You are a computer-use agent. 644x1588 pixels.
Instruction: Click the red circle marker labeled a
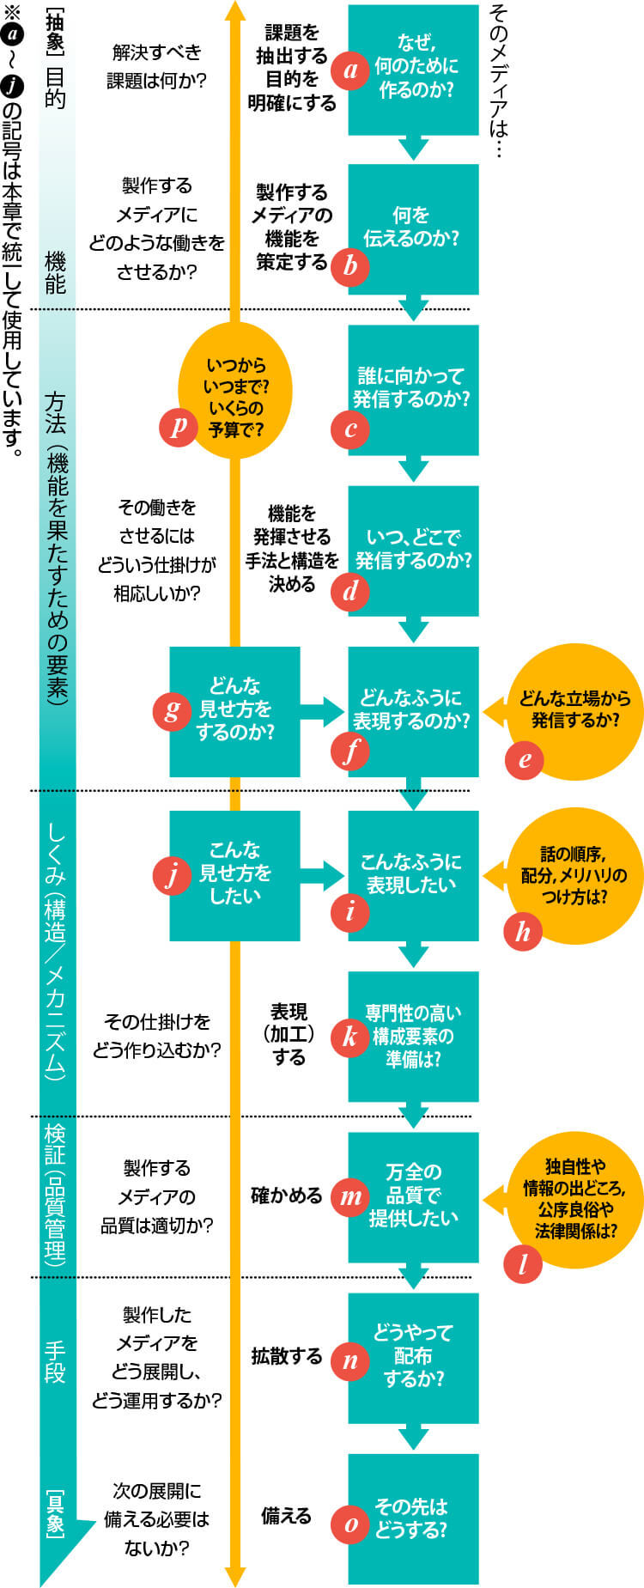[350, 70]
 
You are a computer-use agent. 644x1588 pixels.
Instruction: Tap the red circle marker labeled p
[179, 427]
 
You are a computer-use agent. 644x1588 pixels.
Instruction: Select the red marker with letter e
[524, 759]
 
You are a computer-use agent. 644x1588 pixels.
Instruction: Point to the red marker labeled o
[350, 1524]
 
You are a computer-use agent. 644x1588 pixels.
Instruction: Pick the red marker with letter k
[350, 1036]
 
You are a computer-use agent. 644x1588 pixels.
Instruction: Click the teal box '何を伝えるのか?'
[413, 228]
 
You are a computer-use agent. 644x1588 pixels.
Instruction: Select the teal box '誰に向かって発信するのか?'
[413, 389]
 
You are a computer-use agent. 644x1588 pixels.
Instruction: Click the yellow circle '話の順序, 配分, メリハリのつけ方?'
[574, 874]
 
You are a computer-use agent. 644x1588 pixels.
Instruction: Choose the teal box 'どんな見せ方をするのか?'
[235, 710]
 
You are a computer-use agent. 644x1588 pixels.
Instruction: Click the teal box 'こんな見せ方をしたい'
[235, 874]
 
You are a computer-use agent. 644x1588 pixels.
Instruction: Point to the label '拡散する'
[286, 1356]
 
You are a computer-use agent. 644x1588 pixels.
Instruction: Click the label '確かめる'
[286, 1196]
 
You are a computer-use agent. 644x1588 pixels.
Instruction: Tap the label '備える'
[286, 1517]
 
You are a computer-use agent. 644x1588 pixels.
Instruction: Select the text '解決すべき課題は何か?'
[156, 66]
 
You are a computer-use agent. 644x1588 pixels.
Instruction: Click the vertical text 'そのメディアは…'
[498, 82]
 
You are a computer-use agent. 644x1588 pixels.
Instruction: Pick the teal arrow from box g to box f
[323, 711]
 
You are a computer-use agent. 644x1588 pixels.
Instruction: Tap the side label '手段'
[55, 1363]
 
